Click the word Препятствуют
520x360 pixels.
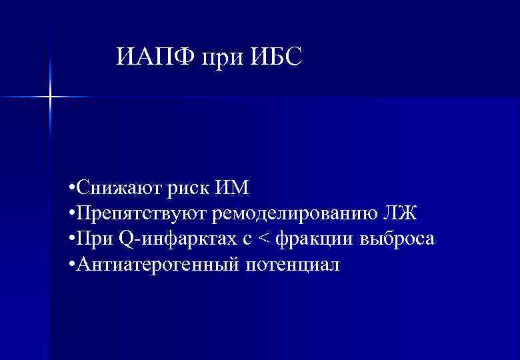143,214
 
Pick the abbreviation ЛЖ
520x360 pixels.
401,213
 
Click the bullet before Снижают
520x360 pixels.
71,189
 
